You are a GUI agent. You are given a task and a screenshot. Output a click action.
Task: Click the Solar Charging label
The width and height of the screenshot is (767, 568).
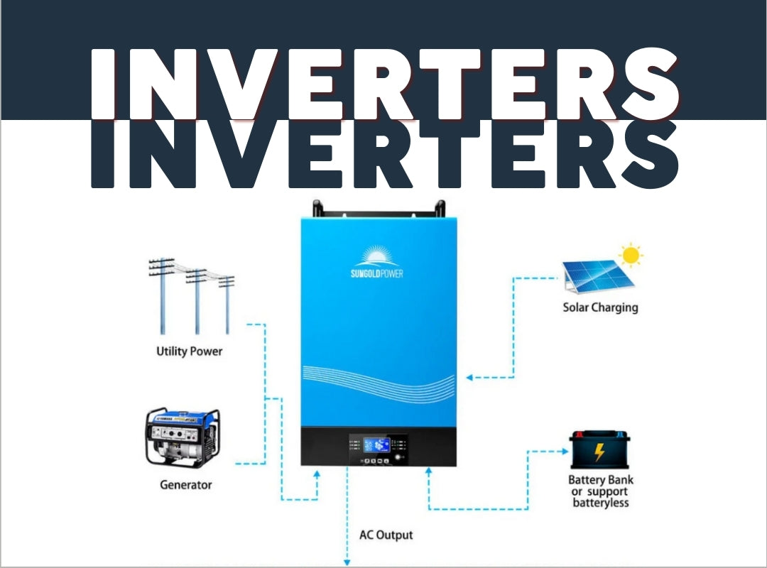click(x=600, y=307)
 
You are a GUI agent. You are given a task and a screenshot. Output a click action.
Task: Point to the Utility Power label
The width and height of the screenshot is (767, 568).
click(x=189, y=351)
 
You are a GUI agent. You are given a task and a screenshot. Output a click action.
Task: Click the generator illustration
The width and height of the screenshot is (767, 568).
click(x=183, y=437)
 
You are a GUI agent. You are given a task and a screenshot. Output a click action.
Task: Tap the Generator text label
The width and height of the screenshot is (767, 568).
click(x=185, y=485)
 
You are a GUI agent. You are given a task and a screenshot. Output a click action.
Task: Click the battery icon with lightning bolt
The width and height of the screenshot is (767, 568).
click(x=600, y=450)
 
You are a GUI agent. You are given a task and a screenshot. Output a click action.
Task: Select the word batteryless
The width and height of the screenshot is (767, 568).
click(x=601, y=503)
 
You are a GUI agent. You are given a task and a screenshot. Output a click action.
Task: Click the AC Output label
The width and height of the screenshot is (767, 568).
click(x=386, y=535)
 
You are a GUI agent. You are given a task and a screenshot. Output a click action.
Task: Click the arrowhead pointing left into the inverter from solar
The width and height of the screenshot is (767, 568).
click(x=471, y=378)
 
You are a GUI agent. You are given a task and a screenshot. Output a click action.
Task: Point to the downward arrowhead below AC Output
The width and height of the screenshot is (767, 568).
click(x=347, y=559)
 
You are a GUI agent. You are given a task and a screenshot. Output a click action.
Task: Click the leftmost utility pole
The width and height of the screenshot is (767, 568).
click(x=162, y=295)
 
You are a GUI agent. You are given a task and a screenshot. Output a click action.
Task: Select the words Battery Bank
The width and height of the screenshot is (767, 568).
click(x=600, y=480)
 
